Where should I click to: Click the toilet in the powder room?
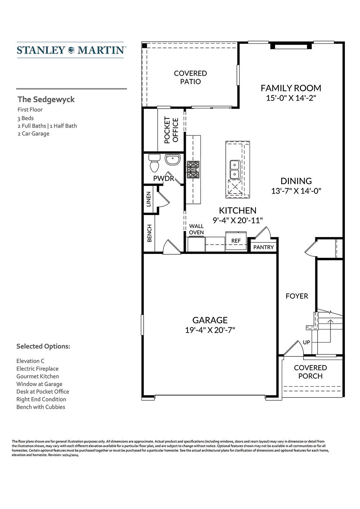click(154, 163)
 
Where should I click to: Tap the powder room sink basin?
click(172, 159)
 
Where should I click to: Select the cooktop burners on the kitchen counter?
click(193, 170)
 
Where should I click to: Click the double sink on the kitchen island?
click(234, 169)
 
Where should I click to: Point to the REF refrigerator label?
click(236, 241)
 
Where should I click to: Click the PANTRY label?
click(264, 247)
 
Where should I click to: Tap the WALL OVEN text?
click(196, 229)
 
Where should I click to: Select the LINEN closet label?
click(149, 199)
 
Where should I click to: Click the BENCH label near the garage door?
click(149, 233)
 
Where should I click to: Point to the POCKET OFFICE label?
click(171, 130)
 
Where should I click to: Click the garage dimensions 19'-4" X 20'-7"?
click(210, 330)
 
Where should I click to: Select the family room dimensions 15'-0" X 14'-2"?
click(291, 98)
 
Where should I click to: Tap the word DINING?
click(296, 181)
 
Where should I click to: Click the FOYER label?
click(297, 296)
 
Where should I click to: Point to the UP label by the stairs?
click(306, 342)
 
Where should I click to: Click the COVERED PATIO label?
click(190, 77)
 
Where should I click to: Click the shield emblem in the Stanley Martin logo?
click(71, 50)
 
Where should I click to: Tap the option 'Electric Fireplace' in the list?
click(37, 369)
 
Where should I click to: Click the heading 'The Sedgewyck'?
click(46, 100)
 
